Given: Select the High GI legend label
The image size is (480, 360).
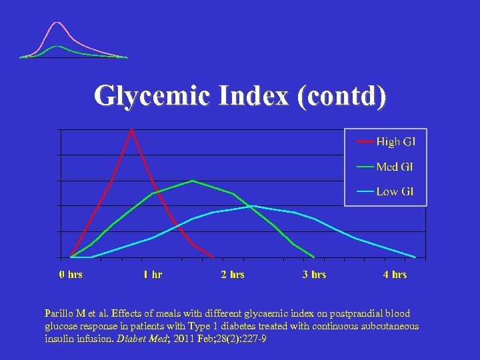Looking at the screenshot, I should [395, 141].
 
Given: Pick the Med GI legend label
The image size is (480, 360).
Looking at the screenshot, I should [395, 167].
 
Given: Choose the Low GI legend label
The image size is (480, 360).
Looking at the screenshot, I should [395, 191].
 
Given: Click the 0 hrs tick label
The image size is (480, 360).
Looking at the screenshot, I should [71, 275].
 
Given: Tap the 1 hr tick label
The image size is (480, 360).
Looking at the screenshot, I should [152, 275].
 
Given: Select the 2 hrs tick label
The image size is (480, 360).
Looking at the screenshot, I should [233, 275].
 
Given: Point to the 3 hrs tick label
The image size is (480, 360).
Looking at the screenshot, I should [314, 275].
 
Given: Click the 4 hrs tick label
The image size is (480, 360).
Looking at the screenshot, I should [395, 275].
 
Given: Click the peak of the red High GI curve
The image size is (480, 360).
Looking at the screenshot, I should [132, 129].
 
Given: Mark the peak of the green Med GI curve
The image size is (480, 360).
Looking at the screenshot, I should [193, 181].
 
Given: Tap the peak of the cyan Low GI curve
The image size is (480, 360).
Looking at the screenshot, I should [253, 206].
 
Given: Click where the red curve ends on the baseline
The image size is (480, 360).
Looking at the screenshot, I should [213, 257].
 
